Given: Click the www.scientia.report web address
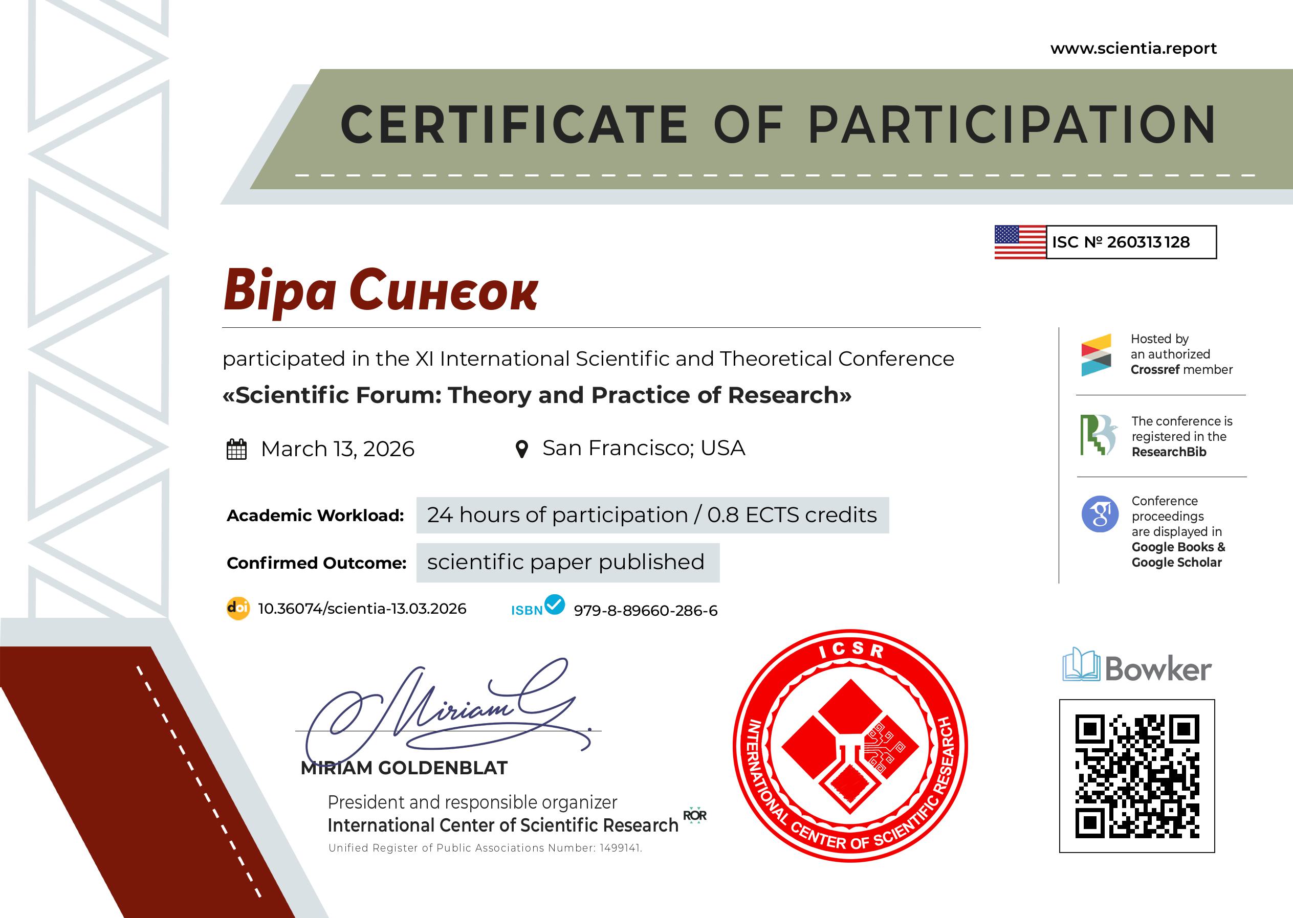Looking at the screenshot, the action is click(x=1133, y=49).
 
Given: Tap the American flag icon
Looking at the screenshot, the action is click(x=1020, y=242).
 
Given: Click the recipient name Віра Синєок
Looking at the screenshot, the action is click(x=381, y=291).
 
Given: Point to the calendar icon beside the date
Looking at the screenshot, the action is click(x=236, y=450).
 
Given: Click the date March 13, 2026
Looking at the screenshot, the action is click(x=338, y=449).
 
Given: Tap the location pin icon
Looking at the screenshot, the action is click(x=522, y=450).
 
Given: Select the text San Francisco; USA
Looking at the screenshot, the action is click(x=644, y=447).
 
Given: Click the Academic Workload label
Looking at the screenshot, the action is click(x=315, y=516).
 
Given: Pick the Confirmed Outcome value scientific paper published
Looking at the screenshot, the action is click(x=565, y=562).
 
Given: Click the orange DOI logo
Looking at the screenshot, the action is click(x=237, y=609).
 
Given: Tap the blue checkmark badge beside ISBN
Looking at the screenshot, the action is click(x=554, y=604).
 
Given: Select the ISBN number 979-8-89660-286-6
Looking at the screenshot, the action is click(x=645, y=611).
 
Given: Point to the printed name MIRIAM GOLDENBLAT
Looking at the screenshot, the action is click(x=404, y=768).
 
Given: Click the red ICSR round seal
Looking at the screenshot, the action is click(x=850, y=746).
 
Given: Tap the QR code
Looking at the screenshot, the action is click(x=1137, y=776).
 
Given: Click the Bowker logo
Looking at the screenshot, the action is click(x=1137, y=666).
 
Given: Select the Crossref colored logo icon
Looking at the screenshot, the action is click(x=1096, y=354).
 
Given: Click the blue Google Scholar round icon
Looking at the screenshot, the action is click(x=1100, y=514).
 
